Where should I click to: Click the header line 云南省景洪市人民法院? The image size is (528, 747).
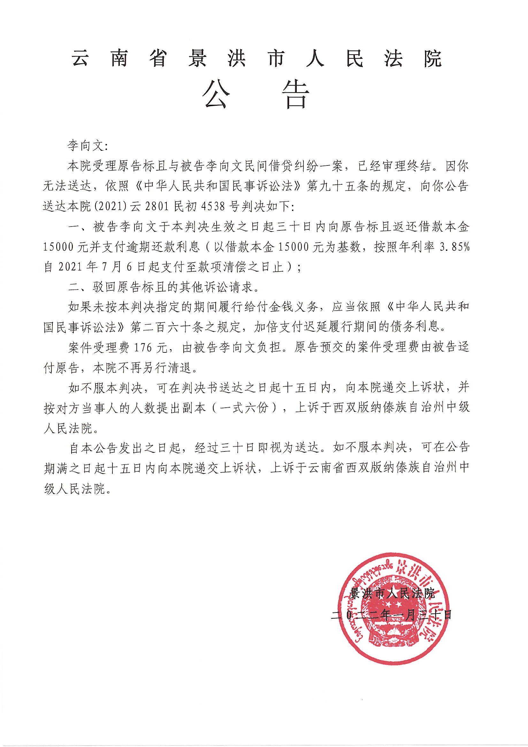pos(256,59)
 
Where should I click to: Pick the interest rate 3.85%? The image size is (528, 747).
pos(455,247)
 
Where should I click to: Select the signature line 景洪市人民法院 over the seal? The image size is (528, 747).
pos(392,593)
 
